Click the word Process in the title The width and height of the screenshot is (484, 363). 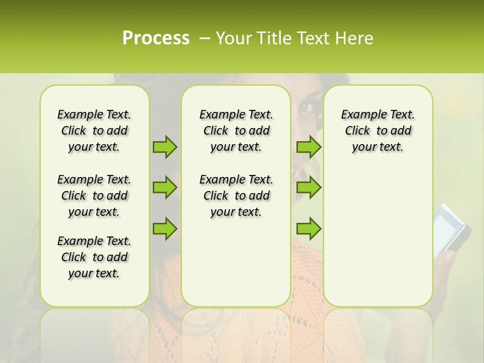pyautogui.click(x=156, y=38)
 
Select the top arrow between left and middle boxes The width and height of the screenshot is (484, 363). pyautogui.click(x=165, y=147)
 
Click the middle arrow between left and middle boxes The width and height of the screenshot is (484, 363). pyautogui.click(x=165, y=188)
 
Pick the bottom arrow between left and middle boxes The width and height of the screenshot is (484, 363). pyautogui.click(x=165, y=228)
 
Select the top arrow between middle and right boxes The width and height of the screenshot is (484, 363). pyautogui.click(x=309, y=147)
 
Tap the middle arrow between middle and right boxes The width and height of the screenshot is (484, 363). pyautogui.click(x=309, y=188)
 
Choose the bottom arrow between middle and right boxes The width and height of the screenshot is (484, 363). pyautogui.click(x=309, y=228)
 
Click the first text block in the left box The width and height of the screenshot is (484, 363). pyautogui.click(x=94, y=131)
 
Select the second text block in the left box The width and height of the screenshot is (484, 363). pyautogui.click(x=94, y=196)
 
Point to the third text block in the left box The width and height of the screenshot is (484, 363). pyautogui.click(x=94, y=257)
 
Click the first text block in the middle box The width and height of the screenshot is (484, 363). pyautogui.click(x=236, y=131)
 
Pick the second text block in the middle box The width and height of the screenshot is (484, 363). pyautogui.click(x=236, y=196)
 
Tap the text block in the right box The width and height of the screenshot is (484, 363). pyautogui.click(x=378, y=131)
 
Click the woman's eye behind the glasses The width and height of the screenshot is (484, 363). pyautogui.click(x=306, y=107)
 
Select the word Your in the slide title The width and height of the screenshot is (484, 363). pyautogui.click(x=234, y=38)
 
